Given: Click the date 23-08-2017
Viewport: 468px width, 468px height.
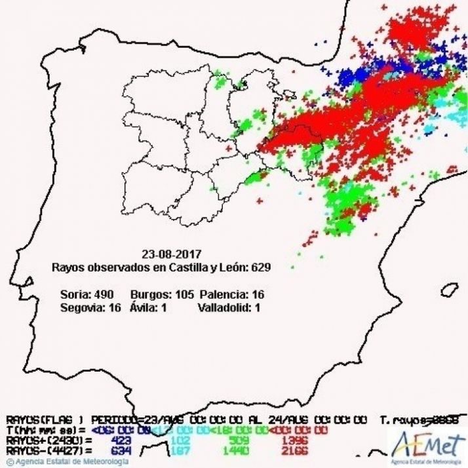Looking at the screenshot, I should click(171, 254).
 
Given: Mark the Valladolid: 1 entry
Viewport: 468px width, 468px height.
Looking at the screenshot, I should click(229, 307).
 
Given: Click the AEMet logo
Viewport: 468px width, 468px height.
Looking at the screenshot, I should click(426, 444).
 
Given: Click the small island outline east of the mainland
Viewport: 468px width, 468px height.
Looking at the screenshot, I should click(449, 289).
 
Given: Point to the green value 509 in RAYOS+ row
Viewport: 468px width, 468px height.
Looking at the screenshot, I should click(241, 440).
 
